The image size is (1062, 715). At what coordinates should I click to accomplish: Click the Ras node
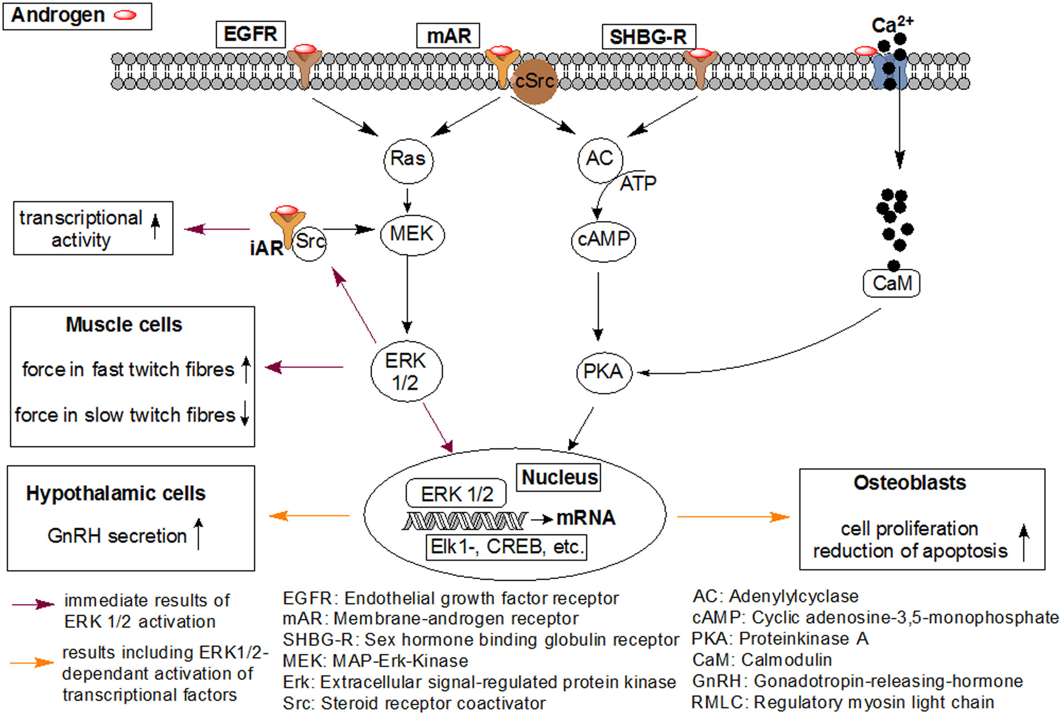pyautogui.click(x=408, y=160)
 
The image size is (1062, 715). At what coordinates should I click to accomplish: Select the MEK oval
pyautogui.click(x=412, y=234)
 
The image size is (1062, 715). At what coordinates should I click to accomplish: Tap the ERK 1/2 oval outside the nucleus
pyautogui.click(x=406, y=371)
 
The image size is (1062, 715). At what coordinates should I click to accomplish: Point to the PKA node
pyautogui.click(x=603, y=372)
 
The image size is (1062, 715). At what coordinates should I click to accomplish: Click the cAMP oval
pyautogui.click(x=603, y=240)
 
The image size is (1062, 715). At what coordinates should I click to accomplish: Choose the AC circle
pyautogui.click(x=600, y=160)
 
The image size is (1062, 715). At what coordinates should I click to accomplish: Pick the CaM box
pyautogui.click(x=892, y=283)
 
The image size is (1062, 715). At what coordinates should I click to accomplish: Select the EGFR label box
pyautogui.click(x=250, y=34)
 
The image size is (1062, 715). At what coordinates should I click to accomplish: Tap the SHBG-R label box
pyautogui.click(x=648, y=37)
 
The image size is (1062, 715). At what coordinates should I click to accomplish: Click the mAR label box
pyautogui.click(x=448, y=36)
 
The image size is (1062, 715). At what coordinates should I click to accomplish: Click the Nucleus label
pyautogui.click(x=559, y=477)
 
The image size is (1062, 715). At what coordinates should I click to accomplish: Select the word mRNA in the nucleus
pyautogui.click(x=586, y=518)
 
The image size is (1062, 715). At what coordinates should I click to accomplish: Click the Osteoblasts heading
pyautogui.click(x=909, y=483)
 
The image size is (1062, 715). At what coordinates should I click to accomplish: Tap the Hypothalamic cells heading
pyautogui.click(x=116, y=494)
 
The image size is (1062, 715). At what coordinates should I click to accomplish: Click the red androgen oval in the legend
pyautogui.click(x=125, y=16)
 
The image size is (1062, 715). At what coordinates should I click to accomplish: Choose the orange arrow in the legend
pyautogui.click(x=32, y=662)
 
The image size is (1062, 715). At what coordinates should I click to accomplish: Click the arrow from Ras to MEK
pyautogui.click(x=407, y=200)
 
